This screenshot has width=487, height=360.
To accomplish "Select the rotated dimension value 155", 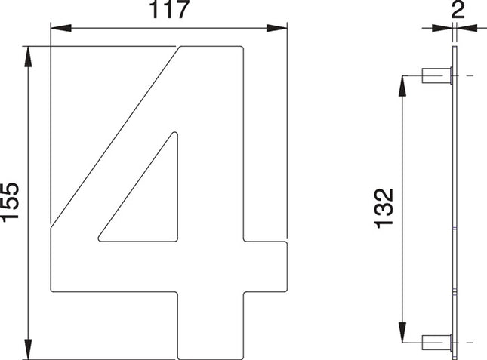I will (x=11, y=202).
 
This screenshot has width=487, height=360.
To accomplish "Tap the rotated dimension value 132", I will (x=384, y=208).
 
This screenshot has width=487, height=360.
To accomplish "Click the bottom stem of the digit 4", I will (x=211, y=325).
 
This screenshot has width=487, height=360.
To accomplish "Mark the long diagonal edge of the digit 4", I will (x=113, y=136).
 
